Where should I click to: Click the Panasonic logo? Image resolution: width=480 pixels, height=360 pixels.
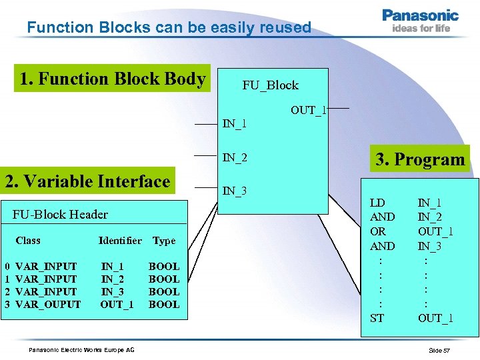coord(420,20)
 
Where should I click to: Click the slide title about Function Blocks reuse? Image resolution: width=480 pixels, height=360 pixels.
coord(169,27)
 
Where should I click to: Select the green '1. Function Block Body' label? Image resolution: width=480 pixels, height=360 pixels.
coord(112,79)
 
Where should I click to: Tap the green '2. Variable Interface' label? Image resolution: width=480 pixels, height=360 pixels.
coord(87,181)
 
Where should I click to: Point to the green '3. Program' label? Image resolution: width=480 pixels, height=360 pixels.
coord(420,159)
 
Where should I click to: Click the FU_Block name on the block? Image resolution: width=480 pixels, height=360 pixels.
coord(270,85)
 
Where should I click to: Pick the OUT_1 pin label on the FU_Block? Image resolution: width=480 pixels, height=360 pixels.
coord(308,110)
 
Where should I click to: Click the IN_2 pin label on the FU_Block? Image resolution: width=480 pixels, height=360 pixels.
coord(235,158)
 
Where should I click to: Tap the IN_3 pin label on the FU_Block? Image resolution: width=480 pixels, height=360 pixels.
coord(235,191)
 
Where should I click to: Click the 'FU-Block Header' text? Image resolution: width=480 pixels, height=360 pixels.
coord(60,214)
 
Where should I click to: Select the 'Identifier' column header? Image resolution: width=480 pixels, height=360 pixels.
coord(120,241)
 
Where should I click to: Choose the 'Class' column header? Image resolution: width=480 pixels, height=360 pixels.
coord(28,241)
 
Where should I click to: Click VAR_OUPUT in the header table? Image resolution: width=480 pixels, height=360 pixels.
coord(47,305)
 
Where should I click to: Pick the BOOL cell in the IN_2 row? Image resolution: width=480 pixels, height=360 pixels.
coord(164,279)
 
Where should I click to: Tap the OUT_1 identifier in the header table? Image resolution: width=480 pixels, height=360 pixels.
coord(117,305)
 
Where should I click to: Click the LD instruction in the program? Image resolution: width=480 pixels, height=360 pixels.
coord(377,202)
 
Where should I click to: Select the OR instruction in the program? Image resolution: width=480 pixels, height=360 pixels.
coord(377,231)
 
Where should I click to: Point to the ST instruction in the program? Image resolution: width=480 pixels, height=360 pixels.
coord(377,318)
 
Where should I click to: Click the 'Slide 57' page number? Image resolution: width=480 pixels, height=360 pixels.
coord(439,350)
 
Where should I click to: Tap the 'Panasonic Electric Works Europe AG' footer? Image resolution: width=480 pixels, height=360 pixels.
coord(81,350)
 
